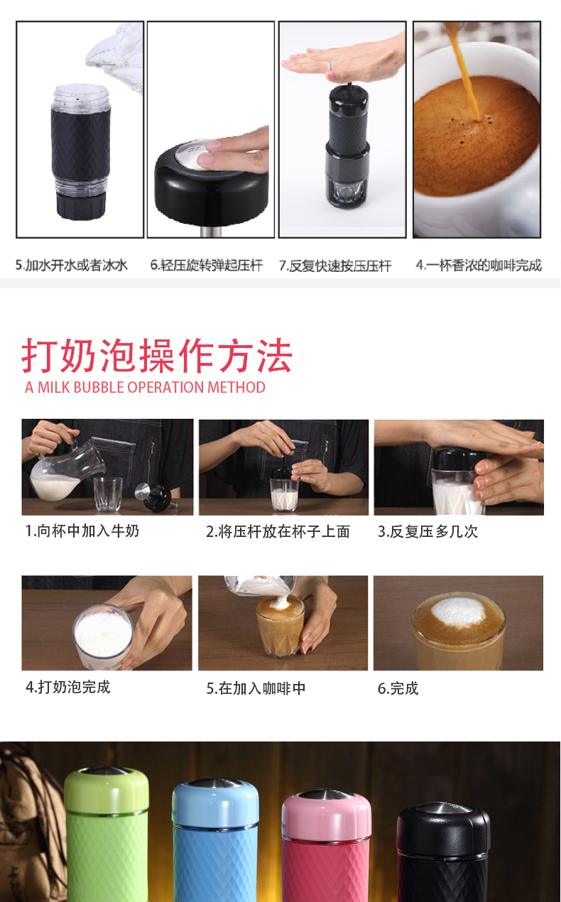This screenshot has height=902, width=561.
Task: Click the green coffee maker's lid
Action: click(107, 790)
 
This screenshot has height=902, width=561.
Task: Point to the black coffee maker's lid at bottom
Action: click(443, 825)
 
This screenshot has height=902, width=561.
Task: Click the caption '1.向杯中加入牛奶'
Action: click(82, 531)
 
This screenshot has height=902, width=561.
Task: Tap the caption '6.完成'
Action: click(398, 688)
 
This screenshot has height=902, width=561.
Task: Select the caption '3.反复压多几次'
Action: click(427, 531)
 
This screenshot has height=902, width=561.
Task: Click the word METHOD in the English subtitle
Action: click(236, 387)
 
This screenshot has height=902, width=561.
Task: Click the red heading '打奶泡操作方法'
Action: click(157, 356)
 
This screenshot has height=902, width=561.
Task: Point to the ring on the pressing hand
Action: click(329, 65)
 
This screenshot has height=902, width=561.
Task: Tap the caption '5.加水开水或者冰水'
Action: click(72, 265)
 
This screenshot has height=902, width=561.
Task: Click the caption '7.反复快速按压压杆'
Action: click(335, 266)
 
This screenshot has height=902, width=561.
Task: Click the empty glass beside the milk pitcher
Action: click(108, 494)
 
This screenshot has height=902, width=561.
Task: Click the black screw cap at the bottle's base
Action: click(81, 206)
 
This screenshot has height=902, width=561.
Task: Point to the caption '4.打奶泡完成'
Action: click(68, 687)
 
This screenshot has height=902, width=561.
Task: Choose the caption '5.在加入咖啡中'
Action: click(256, 688)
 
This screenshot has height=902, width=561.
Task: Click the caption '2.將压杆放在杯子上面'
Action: click(278, 531)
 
